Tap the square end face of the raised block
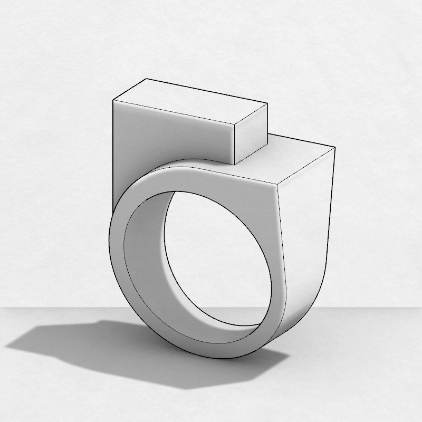click(251, 134)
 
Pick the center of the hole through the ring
click(219, 258)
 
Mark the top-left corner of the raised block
click(114, 100)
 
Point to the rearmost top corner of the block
click(146, 79)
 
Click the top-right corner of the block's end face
click(268, 104)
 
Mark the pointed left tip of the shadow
click(6, 347)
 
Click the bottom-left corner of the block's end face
click(234, 164)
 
